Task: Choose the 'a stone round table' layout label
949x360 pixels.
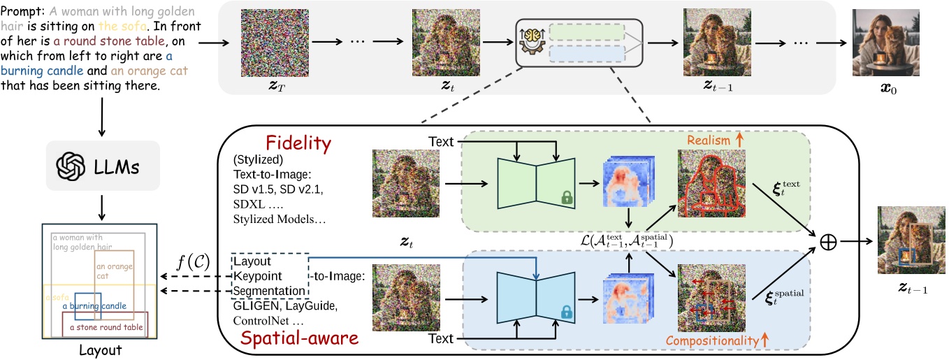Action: pyautogui.click(x=103, y=325)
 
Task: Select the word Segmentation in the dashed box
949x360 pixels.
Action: pyautogui.click(x=269, y=290)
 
